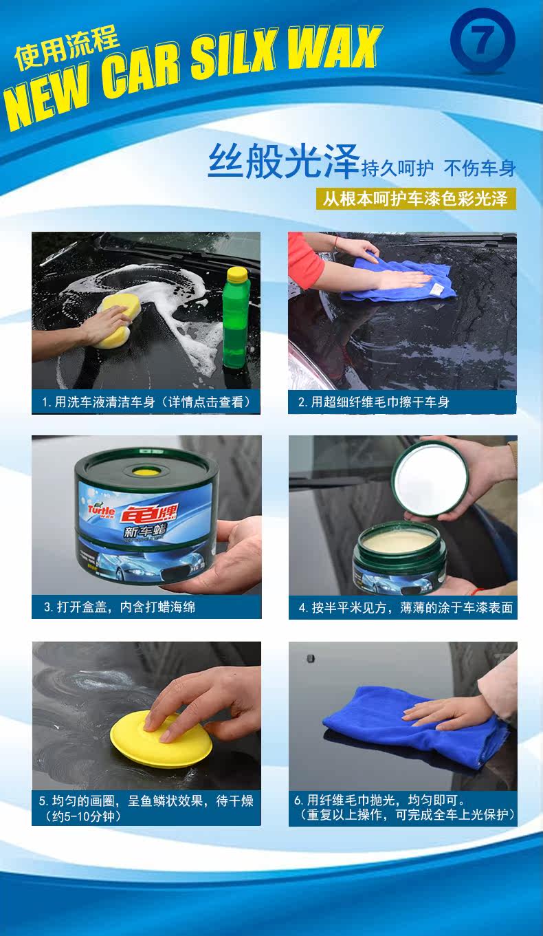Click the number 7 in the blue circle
(x=482, y=40)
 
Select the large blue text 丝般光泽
(x=284, y=162)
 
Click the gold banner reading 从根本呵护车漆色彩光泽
(x=416, y=199)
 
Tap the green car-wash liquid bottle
(x=236, y=318)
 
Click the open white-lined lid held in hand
(x=430, y=477)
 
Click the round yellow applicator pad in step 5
(x=161, y=739)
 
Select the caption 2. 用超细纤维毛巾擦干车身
(x=373, y=402)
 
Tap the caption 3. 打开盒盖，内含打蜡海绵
(x=120, y=607)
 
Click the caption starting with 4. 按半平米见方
(x=406, y=607)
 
